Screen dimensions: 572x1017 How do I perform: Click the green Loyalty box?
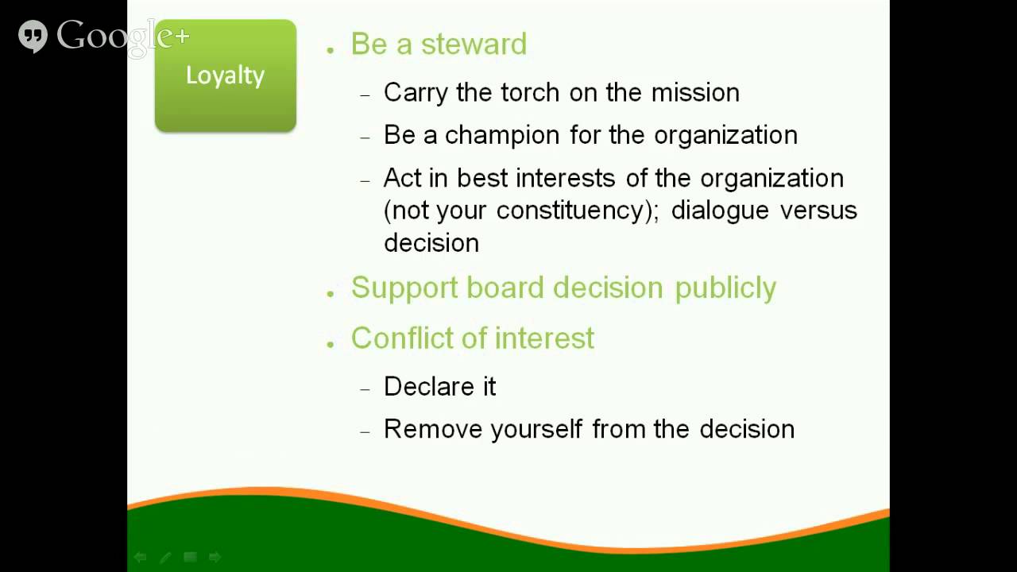click(x=225, y=76)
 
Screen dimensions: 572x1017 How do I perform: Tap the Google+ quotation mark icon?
click(x=33, y=37)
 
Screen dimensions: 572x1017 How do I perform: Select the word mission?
click(x=695, y=92)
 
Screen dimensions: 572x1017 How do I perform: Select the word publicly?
click(x=725, y=288)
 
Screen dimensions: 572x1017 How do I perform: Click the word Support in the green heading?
click(x=404, y=288)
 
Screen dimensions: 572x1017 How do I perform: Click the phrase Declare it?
click(x=439, y=387)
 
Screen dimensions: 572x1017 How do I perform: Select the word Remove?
click(x=433, y=429)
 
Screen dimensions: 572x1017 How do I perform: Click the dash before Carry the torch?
click(x=365, y=95)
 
